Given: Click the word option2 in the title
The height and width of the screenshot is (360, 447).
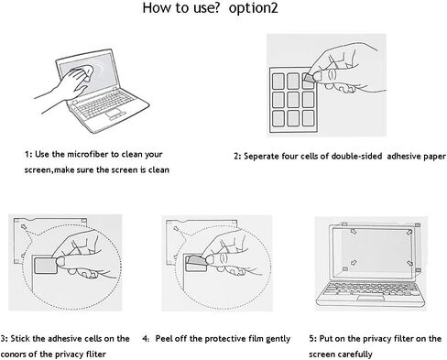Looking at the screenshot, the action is (x=253, y=8).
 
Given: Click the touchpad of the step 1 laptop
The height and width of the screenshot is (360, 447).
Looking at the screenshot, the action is (x=114, y=113).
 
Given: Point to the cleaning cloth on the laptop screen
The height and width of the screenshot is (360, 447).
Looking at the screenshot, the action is (x=83, y=72).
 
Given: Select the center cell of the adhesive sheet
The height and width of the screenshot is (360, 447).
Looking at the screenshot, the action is (x=293, y=100).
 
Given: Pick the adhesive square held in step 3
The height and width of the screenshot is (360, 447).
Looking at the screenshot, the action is (x=45, y=265).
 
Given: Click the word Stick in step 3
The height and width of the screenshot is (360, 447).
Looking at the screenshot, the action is (x=20, y=339).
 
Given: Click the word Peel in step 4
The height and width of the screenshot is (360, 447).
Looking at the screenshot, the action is (x=164, y=339).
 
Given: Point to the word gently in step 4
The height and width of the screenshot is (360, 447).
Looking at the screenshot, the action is (x=278, y=339).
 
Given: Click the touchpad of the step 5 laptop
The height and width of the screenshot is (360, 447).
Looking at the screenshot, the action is (x=370, y=299).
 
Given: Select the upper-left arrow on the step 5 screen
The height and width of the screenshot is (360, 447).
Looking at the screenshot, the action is (x=354, y=232).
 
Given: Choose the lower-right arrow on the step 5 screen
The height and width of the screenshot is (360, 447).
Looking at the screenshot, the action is (x=409, y=263).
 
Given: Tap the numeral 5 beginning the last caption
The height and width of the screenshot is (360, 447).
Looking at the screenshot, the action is (x=311, y=339).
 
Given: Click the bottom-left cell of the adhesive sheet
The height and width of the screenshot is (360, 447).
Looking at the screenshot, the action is (x=278, y=118).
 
